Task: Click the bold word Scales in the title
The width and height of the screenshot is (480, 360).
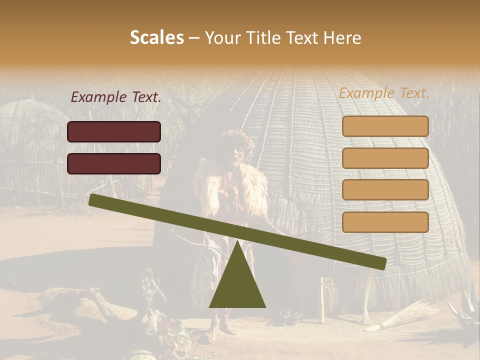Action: coord(156,37)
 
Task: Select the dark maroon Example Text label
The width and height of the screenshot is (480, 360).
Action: coord(116,97)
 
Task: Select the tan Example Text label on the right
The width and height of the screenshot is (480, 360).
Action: coord(384,93)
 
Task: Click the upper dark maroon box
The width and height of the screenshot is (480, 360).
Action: coord(114,131)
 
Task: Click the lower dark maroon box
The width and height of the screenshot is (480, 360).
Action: coord(114,163)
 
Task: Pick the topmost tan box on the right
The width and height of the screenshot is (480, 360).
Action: coord(385,126)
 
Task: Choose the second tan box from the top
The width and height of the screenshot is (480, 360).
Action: coord(385,158)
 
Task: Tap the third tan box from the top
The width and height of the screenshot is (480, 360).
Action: coord(385,190)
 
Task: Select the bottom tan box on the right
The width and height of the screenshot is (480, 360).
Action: coord(385,222)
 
